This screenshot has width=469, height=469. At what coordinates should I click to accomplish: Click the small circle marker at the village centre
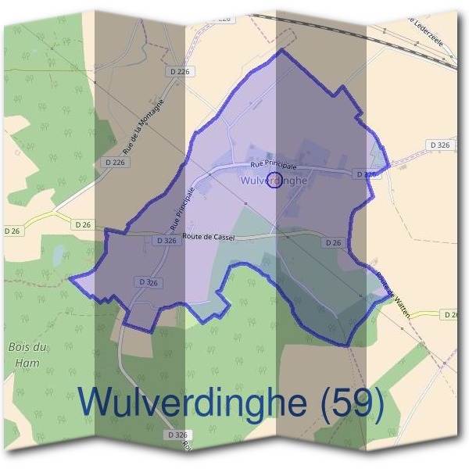click(x=274, y=181)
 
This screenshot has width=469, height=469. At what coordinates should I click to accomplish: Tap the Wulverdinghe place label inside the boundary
click(x=270, y=181)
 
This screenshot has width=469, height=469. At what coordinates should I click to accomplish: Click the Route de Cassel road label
click(x=208, y=237)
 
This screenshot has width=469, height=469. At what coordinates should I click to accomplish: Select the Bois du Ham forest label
click(x=24, y=354)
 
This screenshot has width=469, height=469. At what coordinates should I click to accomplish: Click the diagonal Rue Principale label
click(x=181, y=207)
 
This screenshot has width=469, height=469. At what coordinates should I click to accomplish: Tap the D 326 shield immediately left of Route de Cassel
click(x=166, y=242)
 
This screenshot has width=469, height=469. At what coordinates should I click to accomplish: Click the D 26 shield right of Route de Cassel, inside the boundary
click(x=333, y=243)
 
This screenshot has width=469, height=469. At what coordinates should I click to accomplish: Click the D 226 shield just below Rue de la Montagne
click(x=115, y=162)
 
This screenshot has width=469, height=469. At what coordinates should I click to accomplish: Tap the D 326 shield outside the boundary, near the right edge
click(x=440, y=145)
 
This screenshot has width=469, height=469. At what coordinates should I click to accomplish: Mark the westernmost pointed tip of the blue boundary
click(x=70, y=277)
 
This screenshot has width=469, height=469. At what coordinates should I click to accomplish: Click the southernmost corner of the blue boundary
click(x=344, y=345)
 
